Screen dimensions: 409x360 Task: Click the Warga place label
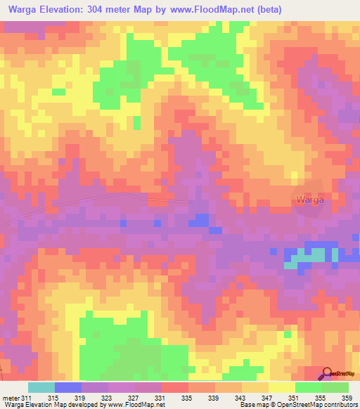(309, 200)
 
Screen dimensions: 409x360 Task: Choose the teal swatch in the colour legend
(41, 387)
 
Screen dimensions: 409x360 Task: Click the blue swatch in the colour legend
(68, 387)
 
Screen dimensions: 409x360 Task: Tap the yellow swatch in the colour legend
(282, 387)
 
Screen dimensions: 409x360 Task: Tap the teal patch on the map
(309, 255)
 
